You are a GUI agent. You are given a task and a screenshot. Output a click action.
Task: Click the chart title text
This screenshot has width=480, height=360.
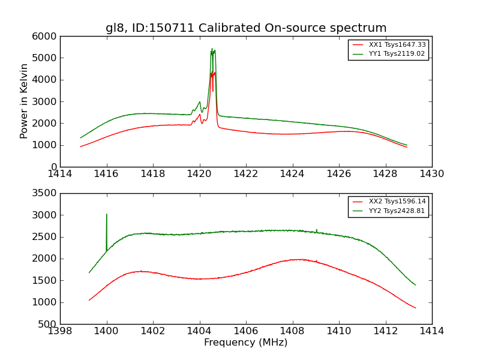pyautogui.click(x=246, y=28)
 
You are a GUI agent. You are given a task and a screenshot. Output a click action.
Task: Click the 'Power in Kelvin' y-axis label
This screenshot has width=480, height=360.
pyautogui.click(x=25, y=101)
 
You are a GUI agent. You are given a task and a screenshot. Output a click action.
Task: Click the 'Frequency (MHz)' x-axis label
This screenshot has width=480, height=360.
pyautogui.click(x=246, y=343)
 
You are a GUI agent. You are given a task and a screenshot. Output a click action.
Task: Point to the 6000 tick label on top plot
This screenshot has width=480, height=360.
pyautogui.click(x=46, y=36)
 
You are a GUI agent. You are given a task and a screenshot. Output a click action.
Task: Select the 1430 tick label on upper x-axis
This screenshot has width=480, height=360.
pyautogui.click(x=431, y=174)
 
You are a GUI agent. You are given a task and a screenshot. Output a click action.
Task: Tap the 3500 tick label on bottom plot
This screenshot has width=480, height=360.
pyautogui.click(x=46, y=193)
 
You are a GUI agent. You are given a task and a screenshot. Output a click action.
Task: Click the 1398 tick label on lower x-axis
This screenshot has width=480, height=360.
pyautogui.click(x=61, y=331)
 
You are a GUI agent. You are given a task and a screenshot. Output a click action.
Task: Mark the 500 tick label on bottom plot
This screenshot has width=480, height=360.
pyautogui.click(x=49, y=324)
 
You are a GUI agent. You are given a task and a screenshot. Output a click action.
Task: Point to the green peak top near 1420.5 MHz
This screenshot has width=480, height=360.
pyautogui.click(x=212, y=49)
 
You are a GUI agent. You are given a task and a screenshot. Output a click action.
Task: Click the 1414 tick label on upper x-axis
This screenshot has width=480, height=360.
pyautogui.click(x=61, y=174)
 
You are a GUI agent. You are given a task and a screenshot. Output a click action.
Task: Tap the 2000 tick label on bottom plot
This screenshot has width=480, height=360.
pyautogui.click(x=46, y=259)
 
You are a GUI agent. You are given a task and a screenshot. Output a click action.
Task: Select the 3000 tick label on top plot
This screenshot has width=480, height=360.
pyautogui.click(x=46, y=101)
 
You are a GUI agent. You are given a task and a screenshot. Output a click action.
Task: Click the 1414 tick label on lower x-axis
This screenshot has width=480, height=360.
pyautogui.click(x=431, y=331)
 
